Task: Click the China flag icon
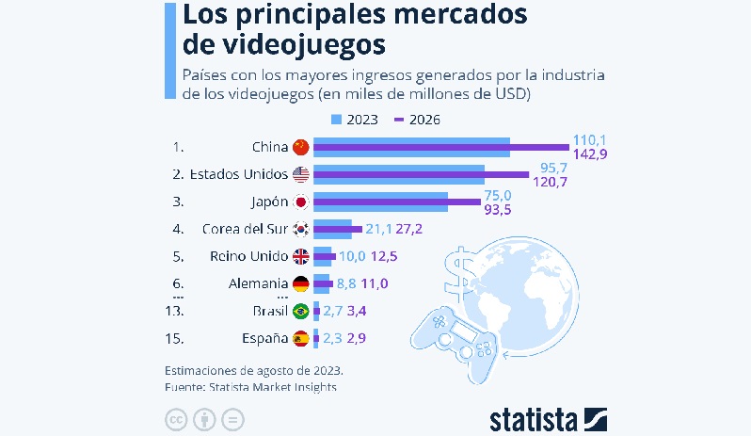click(x=301, y=147)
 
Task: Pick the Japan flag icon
click(x=301, y=202)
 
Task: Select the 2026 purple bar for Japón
click(x=396, y=202)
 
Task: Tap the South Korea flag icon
click(x=301, y=229)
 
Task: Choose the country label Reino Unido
click(x=248, y=256)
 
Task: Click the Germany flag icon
click(x=301, y=283)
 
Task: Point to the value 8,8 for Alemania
click(x=349, y=283)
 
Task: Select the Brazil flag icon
click(x=301, y=311)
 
